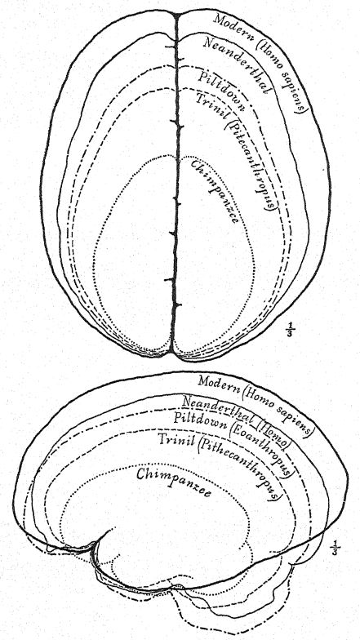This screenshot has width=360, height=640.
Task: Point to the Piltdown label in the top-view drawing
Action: point(222,91)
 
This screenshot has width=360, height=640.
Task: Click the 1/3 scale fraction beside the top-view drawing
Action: point(291,329)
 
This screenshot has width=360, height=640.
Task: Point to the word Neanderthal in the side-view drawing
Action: point(216,407)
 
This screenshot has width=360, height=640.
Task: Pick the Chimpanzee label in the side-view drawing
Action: point(173,482)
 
